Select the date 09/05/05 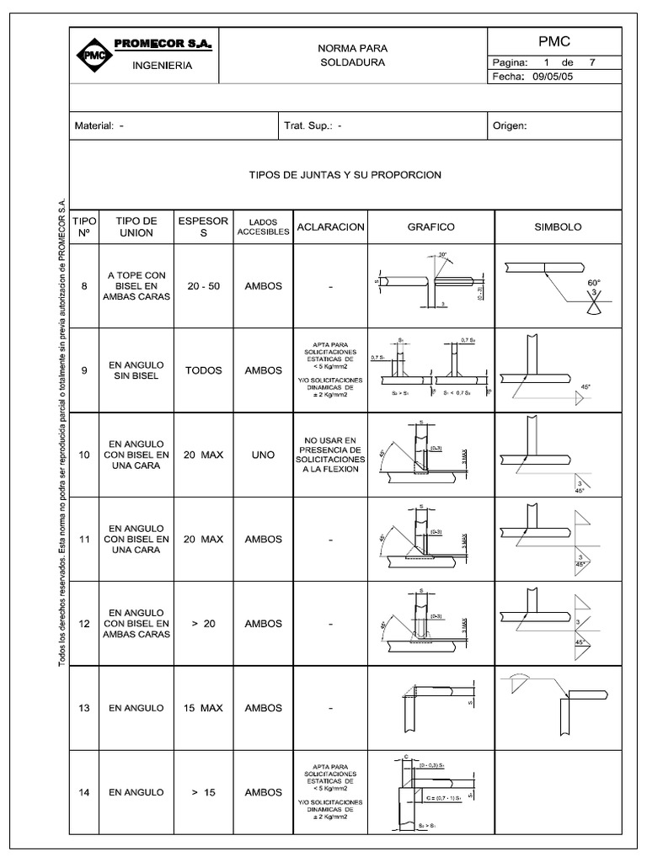pyautogui.click(x=552, y=76)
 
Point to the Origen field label pyautogui.click(x=510, y=126)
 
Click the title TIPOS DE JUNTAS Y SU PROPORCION pyautogui.click(x=345, y=175)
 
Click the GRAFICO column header pyautogui.click(x=431, y=227)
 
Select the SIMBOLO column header pyautogui.click(x=558, y=227)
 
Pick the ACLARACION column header pyautogui.click(x=329, y=227)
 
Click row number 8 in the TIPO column pyautogui.click(x=83, y=286)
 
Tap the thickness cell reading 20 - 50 pyautogui.click(x=203, y=286)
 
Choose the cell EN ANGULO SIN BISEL pyautogui.click(x=136, y=370)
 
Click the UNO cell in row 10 pyautogui.click(x=263, y=455)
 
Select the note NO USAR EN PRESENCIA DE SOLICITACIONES pyautogui.click(x=329, y=455)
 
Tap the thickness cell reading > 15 pyautogui.click(x=203, y=792)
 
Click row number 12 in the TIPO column pyautogui.click(x=83, y=624)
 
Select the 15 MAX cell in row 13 pyautogui.click(x=203, y=708)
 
